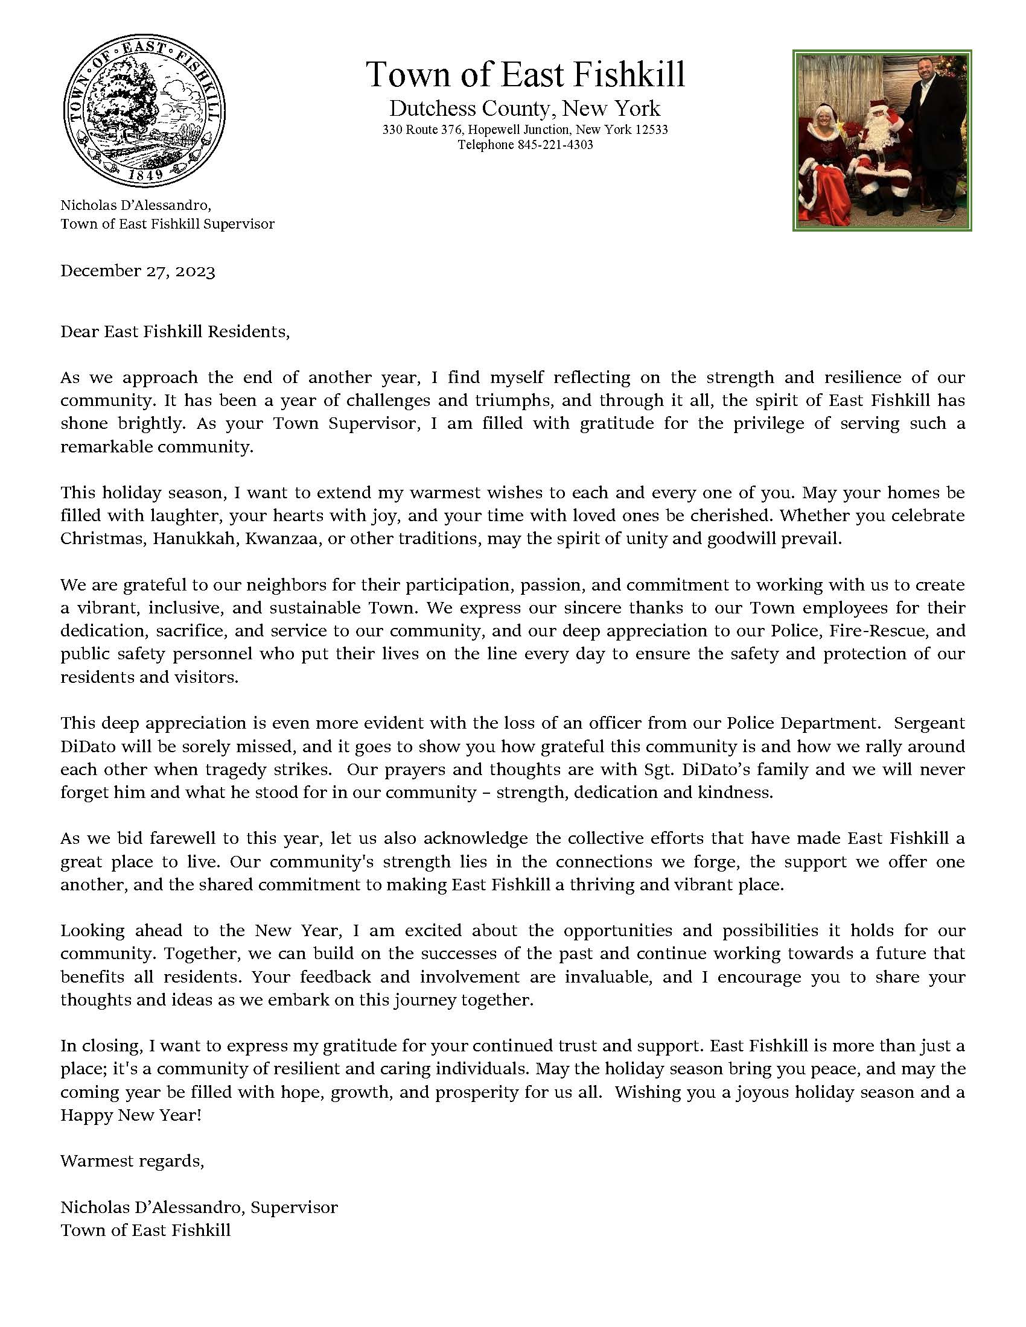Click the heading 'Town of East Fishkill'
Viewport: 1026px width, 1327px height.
525,75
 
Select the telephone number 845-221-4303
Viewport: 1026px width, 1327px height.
555,145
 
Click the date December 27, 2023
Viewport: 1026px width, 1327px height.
138,271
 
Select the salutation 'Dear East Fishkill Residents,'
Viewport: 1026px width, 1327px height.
175,332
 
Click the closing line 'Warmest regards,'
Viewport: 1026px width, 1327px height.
132,1161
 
